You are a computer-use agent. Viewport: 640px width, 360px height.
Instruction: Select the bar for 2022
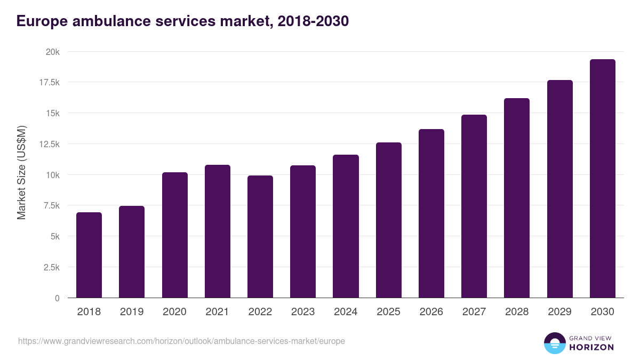260,237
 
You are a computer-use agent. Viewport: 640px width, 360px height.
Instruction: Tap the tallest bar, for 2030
602,179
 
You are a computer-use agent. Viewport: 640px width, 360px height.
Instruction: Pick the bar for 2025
388,220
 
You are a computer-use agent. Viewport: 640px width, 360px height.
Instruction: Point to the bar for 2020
174,235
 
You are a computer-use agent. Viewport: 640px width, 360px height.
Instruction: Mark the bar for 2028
517,198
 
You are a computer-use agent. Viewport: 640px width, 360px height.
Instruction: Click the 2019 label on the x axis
132,312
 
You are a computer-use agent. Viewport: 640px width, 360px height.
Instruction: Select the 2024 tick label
346,312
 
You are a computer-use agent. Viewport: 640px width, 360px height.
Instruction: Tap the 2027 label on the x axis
474,312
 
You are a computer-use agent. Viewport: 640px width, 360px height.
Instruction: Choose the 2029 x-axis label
559,312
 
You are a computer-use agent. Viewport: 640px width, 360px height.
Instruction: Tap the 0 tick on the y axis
57,298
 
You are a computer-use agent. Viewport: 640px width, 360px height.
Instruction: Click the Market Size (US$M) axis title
21,173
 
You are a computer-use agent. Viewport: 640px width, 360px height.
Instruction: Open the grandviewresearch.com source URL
181,341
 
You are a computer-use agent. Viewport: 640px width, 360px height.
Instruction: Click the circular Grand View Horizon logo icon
554,343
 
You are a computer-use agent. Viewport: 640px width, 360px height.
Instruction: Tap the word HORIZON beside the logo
591,347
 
